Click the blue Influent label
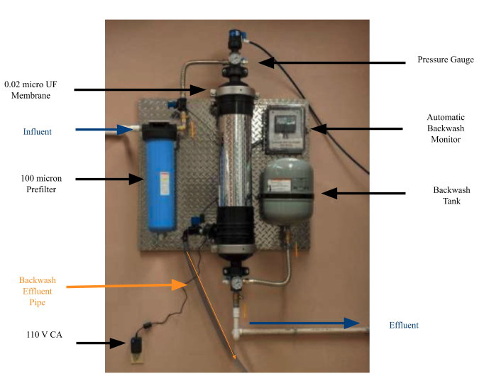(37, 131)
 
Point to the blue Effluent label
(404, 326)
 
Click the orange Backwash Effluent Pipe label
(38, 291)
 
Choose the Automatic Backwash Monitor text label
(445, 128)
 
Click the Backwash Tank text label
(447, 196)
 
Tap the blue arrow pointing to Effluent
(305, 324)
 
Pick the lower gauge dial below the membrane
(234, 282)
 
